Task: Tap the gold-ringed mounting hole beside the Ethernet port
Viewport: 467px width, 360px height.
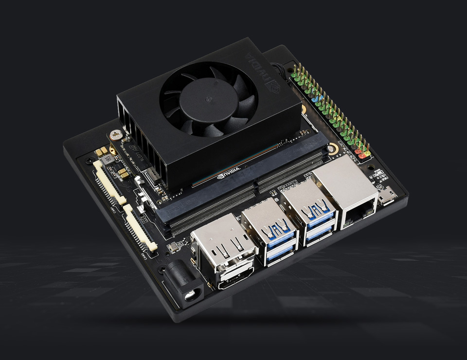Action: click(x=332, y=149)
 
